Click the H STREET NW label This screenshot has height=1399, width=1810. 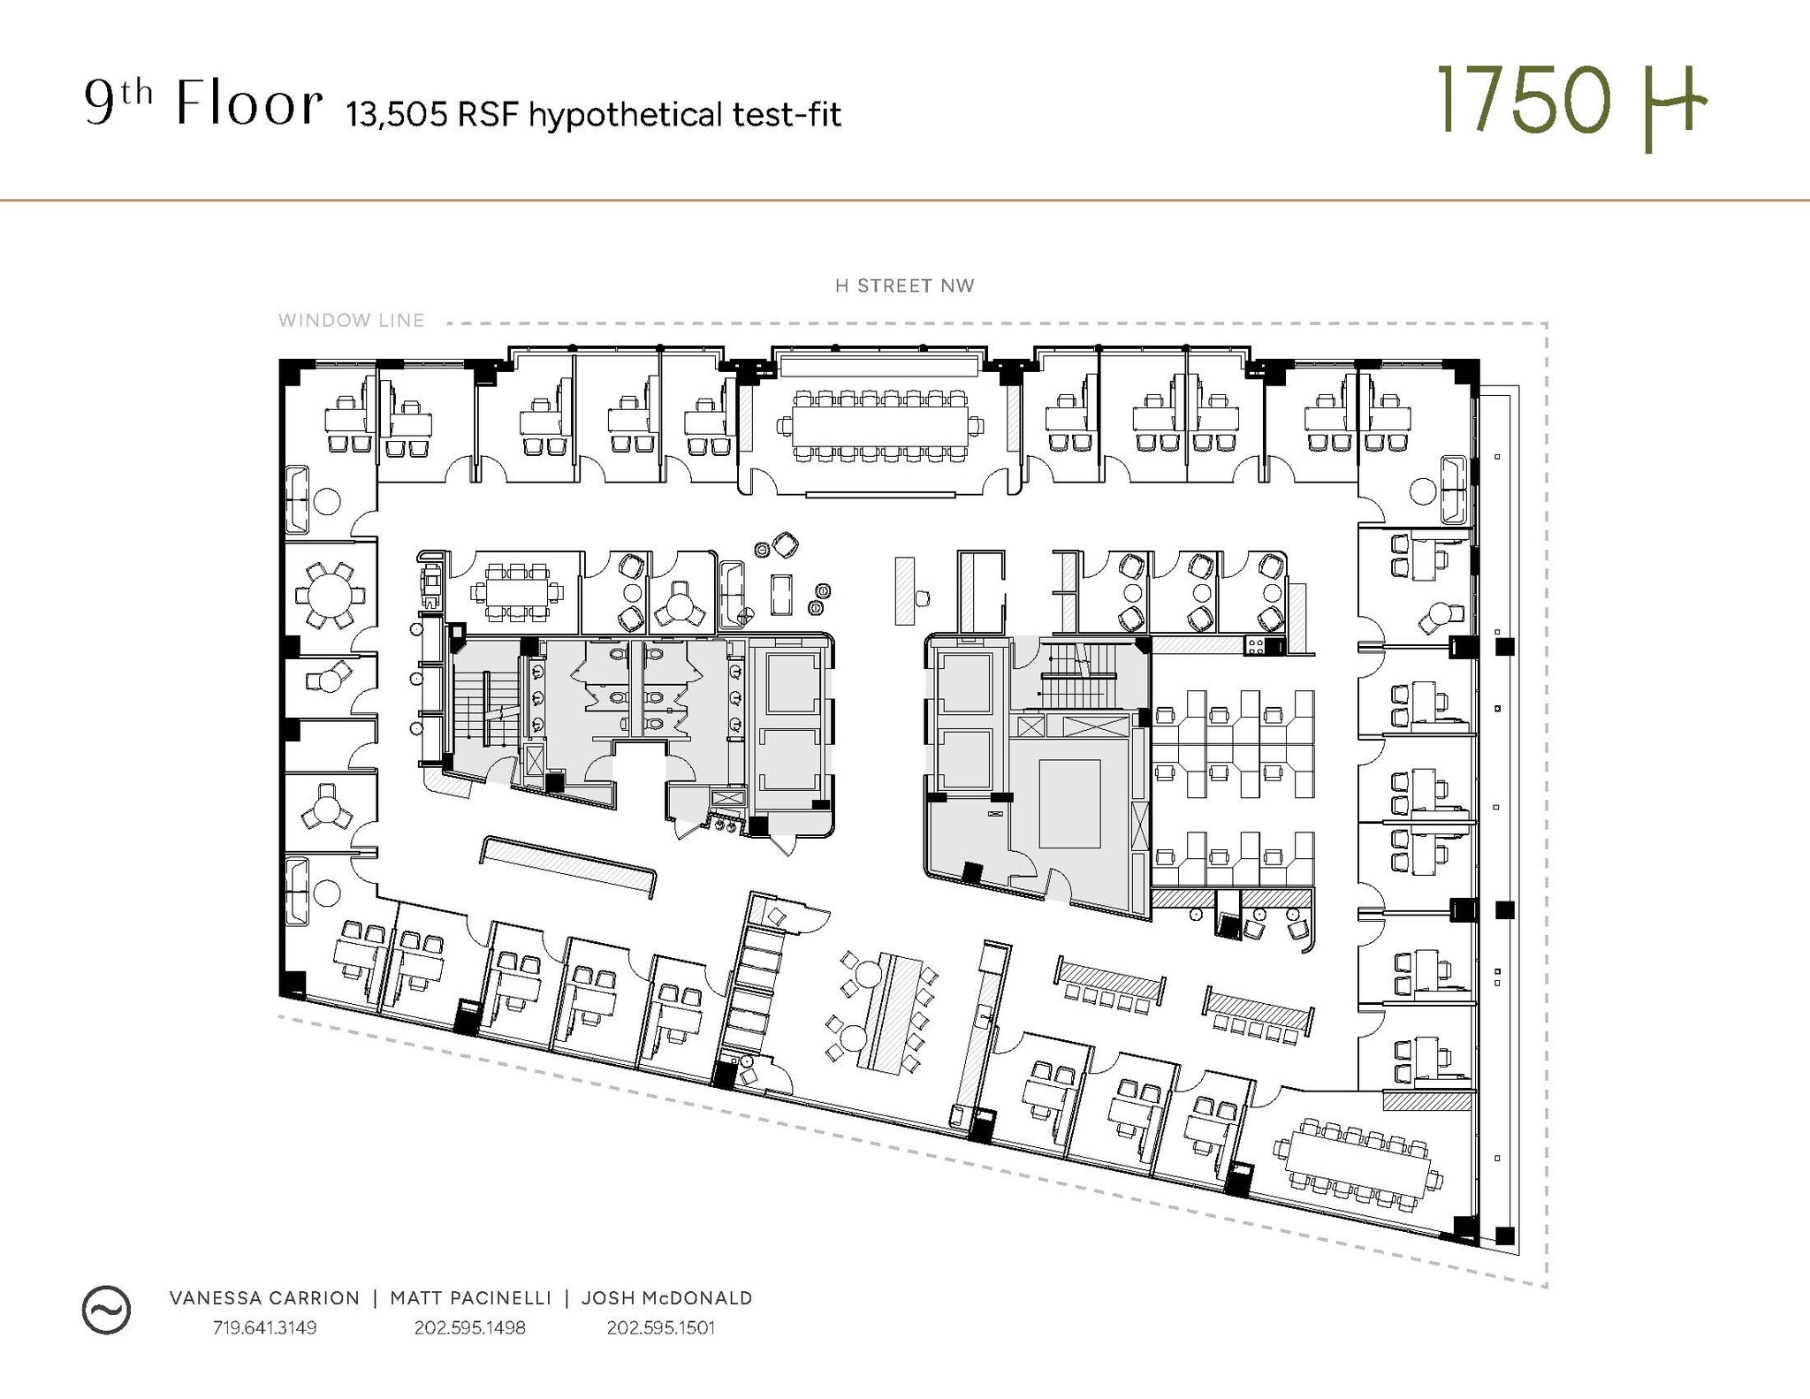[x=904, y=286]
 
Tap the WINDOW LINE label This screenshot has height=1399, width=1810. [x=351, y=321]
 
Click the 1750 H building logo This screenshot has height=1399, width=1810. [x=1570, y=104]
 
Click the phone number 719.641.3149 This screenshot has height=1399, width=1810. [x=264, y=1327]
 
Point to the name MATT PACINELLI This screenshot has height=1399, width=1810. [x=470, y=1297]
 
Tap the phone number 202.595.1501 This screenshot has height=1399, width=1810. [x=660, y=1327]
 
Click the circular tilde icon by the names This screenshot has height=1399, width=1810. [x=106, y=1309]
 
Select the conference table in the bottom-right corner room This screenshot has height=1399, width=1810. [x=1357, y=1162]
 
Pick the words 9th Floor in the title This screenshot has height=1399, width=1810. [x=202, y=104]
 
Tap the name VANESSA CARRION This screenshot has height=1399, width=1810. [x=264, y=1297]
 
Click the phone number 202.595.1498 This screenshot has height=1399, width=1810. [x=469, y=1327]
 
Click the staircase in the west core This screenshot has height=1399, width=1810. [x=484, y=708]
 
